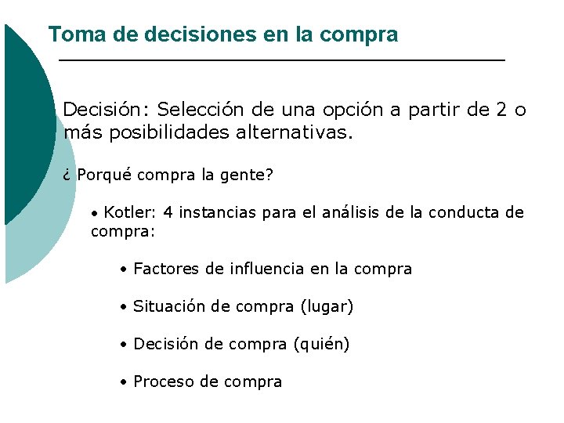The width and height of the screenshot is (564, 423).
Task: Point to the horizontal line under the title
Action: (282, 60)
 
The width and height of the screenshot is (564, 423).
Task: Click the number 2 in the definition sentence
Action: (501, 110)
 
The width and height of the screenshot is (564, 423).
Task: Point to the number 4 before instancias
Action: (168, 212)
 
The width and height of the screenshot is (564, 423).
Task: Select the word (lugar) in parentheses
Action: (327, 306)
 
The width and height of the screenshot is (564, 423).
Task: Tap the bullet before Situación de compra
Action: (124, 307)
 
